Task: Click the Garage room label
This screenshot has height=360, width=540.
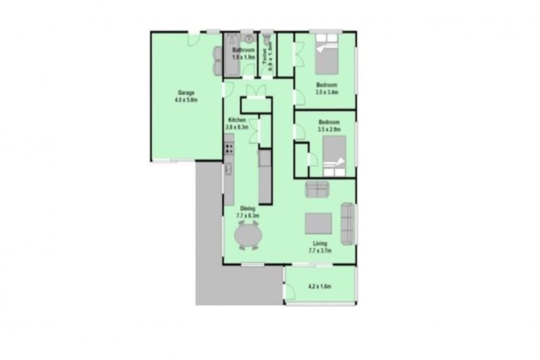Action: [186, 93]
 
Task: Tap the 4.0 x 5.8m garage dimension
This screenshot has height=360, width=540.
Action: [186, 101]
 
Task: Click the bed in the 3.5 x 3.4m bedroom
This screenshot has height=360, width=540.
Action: [326, 57]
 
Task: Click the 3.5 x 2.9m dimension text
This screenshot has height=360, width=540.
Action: [329, 130]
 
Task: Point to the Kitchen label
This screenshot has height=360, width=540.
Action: [237, 120]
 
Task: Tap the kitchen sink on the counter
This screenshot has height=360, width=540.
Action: [229, 171]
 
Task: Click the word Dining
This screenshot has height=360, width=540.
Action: [247, 209]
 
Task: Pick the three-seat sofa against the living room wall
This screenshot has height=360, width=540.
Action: [347, 221]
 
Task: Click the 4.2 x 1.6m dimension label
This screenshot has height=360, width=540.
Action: [319, 287]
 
